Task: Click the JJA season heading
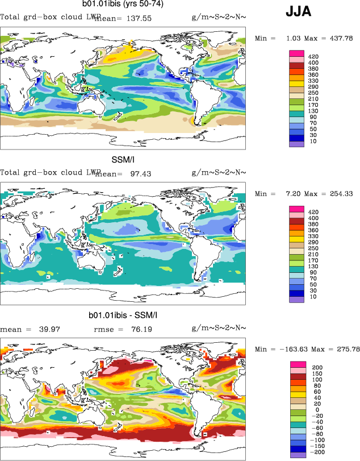(298, 12)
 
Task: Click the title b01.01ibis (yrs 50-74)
(123, 4)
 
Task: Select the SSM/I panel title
(123, 160)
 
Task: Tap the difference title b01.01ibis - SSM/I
(123, 315)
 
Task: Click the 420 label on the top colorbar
(313, 57)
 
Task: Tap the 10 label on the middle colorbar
(311, 297)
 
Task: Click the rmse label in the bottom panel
(102, 329)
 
